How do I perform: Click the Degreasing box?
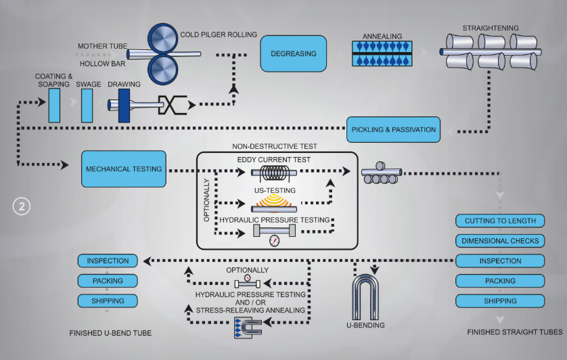tap(289, 53)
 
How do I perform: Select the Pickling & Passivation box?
tap(392, 129)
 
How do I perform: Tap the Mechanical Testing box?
tap(124, 169)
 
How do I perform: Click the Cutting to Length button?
tap(500, 221)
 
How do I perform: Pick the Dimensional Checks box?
tap(500, 241)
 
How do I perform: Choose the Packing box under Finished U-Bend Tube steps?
tap(108, 280)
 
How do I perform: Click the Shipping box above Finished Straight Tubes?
tap(500, 300)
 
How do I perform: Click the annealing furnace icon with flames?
tap(382, 54)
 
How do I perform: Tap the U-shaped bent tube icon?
tap(365, 296)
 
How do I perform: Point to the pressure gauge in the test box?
tap(274, 240)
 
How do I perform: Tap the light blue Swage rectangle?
tap(87, 106)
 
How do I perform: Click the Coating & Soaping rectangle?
tap(54, 106)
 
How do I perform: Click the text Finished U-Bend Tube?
tap(110, 333)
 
